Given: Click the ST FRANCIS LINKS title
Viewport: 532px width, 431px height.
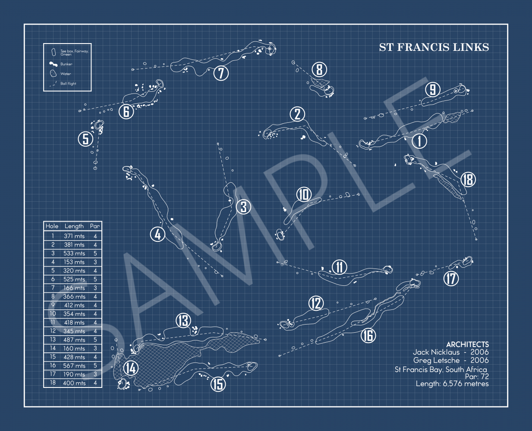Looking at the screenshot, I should (x=434, y=47).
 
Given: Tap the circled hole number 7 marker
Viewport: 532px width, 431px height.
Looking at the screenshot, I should (x=221, y=73).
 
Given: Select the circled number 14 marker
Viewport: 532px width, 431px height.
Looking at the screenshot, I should (x=131, y=369).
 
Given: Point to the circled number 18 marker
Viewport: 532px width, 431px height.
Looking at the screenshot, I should (x=468, y=179).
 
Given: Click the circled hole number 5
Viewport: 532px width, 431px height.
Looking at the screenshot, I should (x=85, y=139).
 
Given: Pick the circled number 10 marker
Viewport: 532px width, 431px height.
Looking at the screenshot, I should (x=304, y=195).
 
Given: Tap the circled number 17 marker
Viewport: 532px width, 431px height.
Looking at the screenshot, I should (x=451, y=278).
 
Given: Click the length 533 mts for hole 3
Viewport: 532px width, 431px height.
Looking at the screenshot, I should (x=74, y=253).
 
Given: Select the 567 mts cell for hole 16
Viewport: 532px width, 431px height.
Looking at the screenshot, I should (x=74, y=365).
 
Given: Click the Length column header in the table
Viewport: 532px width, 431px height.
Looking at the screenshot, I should (x=74, y=226).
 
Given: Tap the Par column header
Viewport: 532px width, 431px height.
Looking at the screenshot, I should (x=95, y=226).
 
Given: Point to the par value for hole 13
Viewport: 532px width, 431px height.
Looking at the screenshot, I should (x=95, y=340).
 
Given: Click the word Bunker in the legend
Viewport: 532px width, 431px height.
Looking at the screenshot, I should (x=66, y=64).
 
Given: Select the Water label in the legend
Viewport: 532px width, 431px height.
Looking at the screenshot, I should (x=66, y=74).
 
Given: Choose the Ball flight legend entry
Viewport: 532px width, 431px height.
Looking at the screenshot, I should (x=68, y=84).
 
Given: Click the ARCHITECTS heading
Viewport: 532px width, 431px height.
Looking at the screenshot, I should (x=467, y=344).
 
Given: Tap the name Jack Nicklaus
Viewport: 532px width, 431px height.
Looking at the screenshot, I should (x=436, y=352).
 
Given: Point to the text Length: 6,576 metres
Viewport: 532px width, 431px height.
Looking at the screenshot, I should (x=452, y=384).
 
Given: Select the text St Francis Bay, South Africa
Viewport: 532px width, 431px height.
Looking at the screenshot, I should (x=441, y=369).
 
